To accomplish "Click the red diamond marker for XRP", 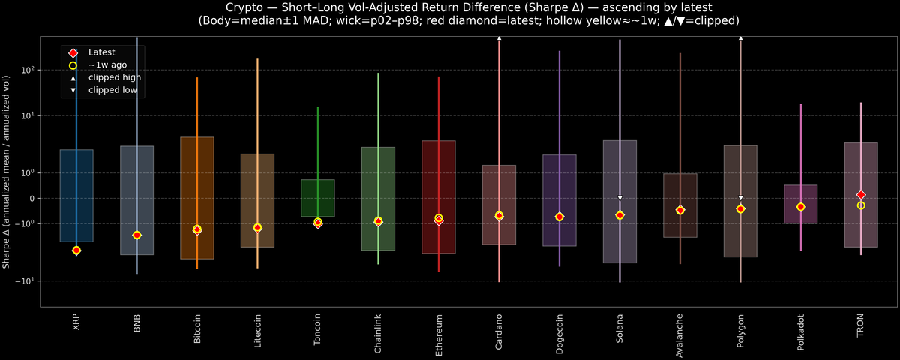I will click(76, 250).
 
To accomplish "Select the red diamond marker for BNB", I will click(136, 235).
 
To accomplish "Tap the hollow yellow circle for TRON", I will click(861, 205).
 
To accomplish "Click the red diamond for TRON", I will click(861, 195).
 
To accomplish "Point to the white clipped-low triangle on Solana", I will click(619, 198).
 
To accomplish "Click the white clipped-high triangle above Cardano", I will click(499, 37).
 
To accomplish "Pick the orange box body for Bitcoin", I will click(197, 172).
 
